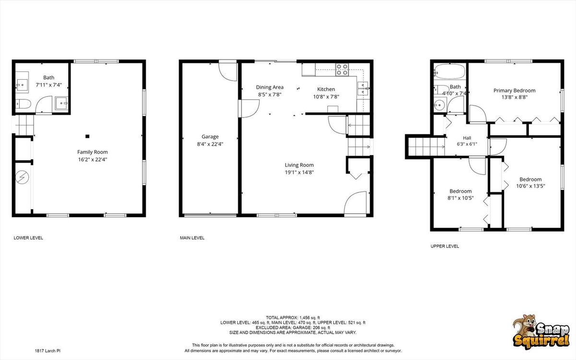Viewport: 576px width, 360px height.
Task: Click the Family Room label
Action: pyautogui.click(x=93, y=152)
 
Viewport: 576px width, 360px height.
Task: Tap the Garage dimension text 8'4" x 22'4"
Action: pyautogui.click(x=210, y=144)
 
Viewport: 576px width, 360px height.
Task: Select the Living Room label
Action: pyautogui.click(x=299, y=165)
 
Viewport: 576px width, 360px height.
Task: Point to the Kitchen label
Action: pyautogui.click(x=326, y=89)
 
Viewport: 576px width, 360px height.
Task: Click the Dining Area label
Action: pyautogui.click(x=270, y=87)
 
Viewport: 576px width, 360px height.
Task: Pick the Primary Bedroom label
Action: pyautogui.click(x=514, y=91)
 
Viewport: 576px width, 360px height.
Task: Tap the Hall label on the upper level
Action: pyautogui.click(x=467, y=138)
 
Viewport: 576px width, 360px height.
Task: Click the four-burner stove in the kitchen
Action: pyautogui.click(x=342, y=70)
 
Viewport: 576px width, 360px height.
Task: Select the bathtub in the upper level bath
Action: pyautogui.click(x=449, y=71)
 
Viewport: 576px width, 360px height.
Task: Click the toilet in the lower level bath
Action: pyautogui.click(x=23, y=104)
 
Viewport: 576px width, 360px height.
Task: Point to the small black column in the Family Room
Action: pyautogui.click(x=87, y=136)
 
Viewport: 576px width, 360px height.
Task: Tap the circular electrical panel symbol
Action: pyautogui.click(x=22, y=178)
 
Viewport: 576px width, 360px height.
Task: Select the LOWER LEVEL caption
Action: pyautogui.click(x=28, y=238)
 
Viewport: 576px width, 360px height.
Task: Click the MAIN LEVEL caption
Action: pyautogui.click(x=192, y=238)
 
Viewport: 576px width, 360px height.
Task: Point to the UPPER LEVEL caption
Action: pyautogui.click(x=445, y=246)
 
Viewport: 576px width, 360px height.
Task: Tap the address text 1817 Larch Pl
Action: pyautogui.click(x=48, y=351)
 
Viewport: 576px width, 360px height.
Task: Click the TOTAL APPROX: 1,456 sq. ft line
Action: pyautogui.click(x=293, y=318)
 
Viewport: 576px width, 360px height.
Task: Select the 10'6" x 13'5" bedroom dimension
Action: pyautogui.click(x=530, y=186)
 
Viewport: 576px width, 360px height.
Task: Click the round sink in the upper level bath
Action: pyautogui.click(x=440, y=105)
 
